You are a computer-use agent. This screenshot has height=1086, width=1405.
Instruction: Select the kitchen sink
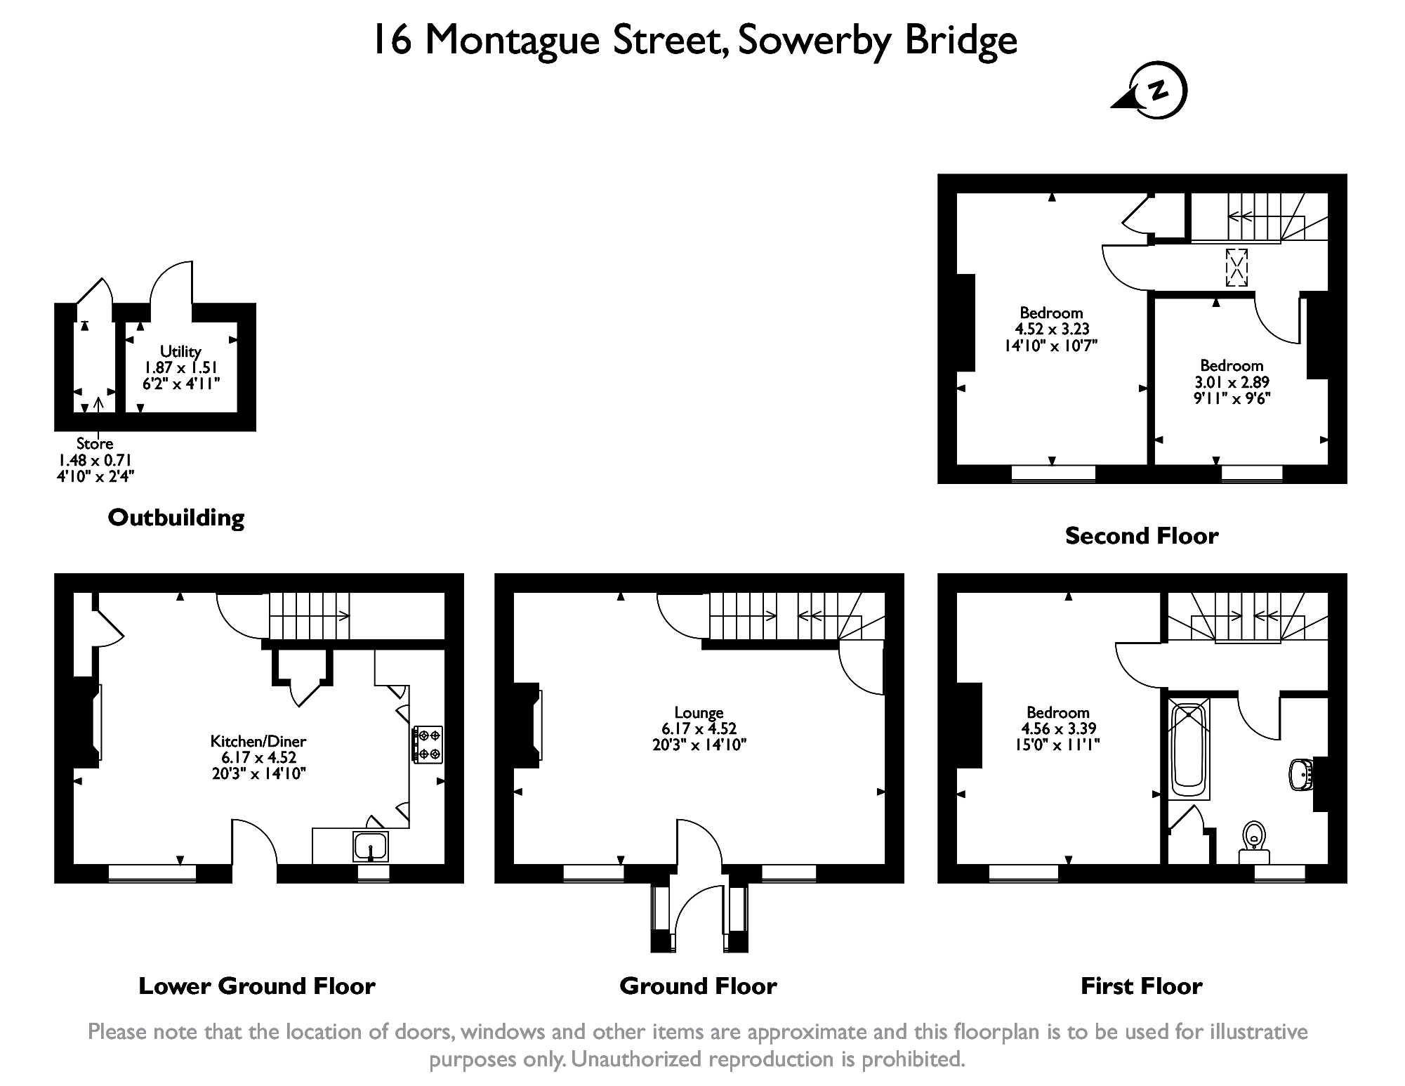pyautogui.click(x=371, y=846)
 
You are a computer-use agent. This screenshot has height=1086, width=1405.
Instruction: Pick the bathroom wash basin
pyautogui.click(x=1302, y=774)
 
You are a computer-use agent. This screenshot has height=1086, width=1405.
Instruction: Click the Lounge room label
pyautogui.click(x=699, y=712)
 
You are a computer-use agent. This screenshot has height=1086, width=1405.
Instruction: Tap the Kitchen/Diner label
pyautogui.click(x=258, y=740)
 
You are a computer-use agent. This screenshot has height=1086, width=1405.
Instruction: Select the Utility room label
pyautogui.click(x=180, y=351)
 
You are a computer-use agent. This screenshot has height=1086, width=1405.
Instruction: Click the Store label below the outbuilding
pyautogui.click(x=95, y=443)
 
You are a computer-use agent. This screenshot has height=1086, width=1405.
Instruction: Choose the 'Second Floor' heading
pyautogui.click(x=1142, y=536)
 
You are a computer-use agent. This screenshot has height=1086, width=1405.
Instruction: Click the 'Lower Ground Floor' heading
pyautogui.click(x=257, y=986)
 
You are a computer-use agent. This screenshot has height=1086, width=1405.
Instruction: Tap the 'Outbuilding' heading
pyautogui.click(x=176, y=518)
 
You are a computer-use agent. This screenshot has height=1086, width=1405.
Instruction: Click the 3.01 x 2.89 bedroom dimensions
pyautogui.click(x=1232, y=382)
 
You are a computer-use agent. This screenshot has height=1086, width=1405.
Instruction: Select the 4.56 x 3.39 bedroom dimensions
pyautogui.click(x=1058, y=728)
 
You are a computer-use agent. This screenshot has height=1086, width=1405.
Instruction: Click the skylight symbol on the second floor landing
pyautogui.click(x=1237, y=267)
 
